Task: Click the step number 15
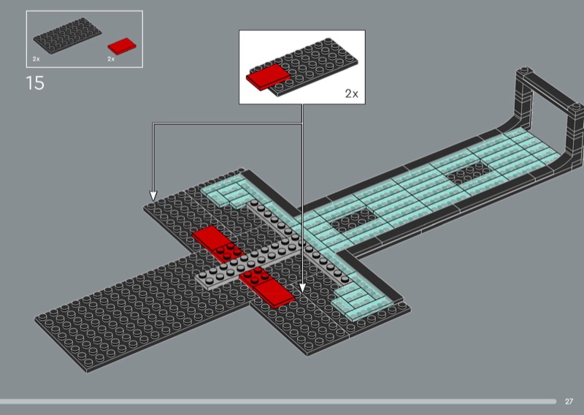35,83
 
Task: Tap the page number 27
569,401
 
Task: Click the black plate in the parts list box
67,36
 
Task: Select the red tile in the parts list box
122,46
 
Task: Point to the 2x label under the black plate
36,59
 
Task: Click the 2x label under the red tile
111,59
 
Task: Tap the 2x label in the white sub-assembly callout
352,94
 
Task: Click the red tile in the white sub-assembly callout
268,77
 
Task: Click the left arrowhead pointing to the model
153,196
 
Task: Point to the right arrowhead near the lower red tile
302,287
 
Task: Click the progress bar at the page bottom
278,401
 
